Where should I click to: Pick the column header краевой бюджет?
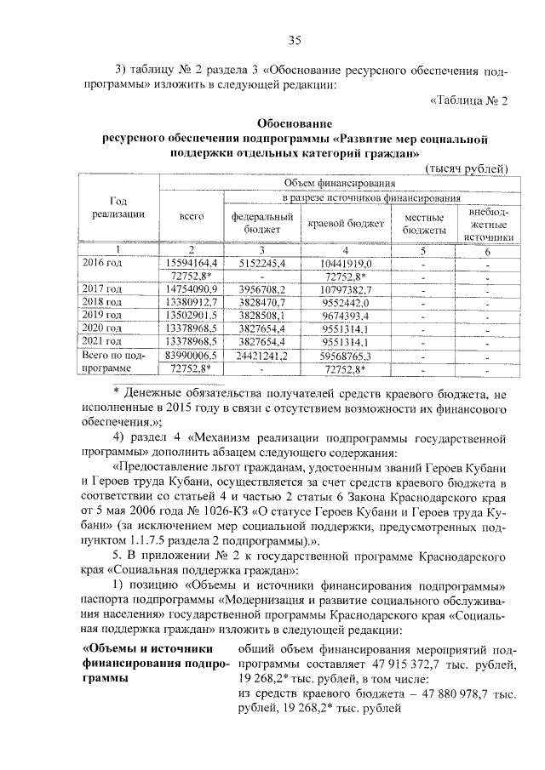(345, 223)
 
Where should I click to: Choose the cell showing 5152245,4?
(256, 263)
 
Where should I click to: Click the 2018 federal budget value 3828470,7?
(256, 302)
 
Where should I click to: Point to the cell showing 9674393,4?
(345, 314)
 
